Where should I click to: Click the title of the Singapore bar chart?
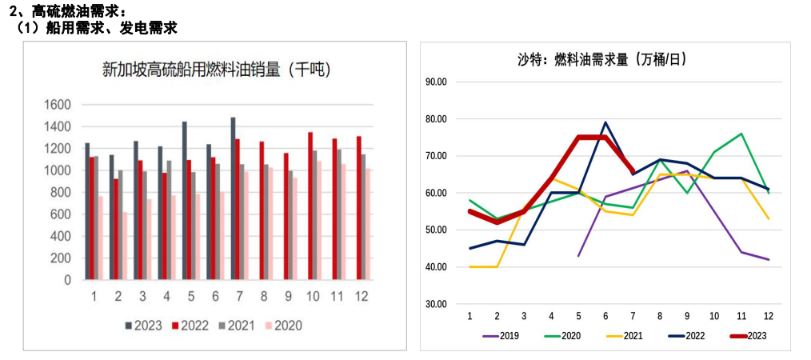[x=217, y=70]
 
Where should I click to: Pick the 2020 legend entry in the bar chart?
[x=283, y=326]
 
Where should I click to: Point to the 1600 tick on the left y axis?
[x=58, y=105]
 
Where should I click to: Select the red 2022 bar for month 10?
[x=310, y=206]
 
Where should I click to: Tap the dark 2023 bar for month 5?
[x=185, y=201]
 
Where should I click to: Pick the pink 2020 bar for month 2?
[x=125, y=246]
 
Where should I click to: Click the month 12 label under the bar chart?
[x=362, y=296]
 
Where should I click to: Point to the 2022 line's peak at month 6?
[x=605, y=122]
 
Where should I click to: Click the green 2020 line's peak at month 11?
[x=741, y=134]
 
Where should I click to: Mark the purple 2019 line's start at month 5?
[x=578, y=256]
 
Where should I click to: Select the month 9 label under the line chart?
[x=687, y=316]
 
